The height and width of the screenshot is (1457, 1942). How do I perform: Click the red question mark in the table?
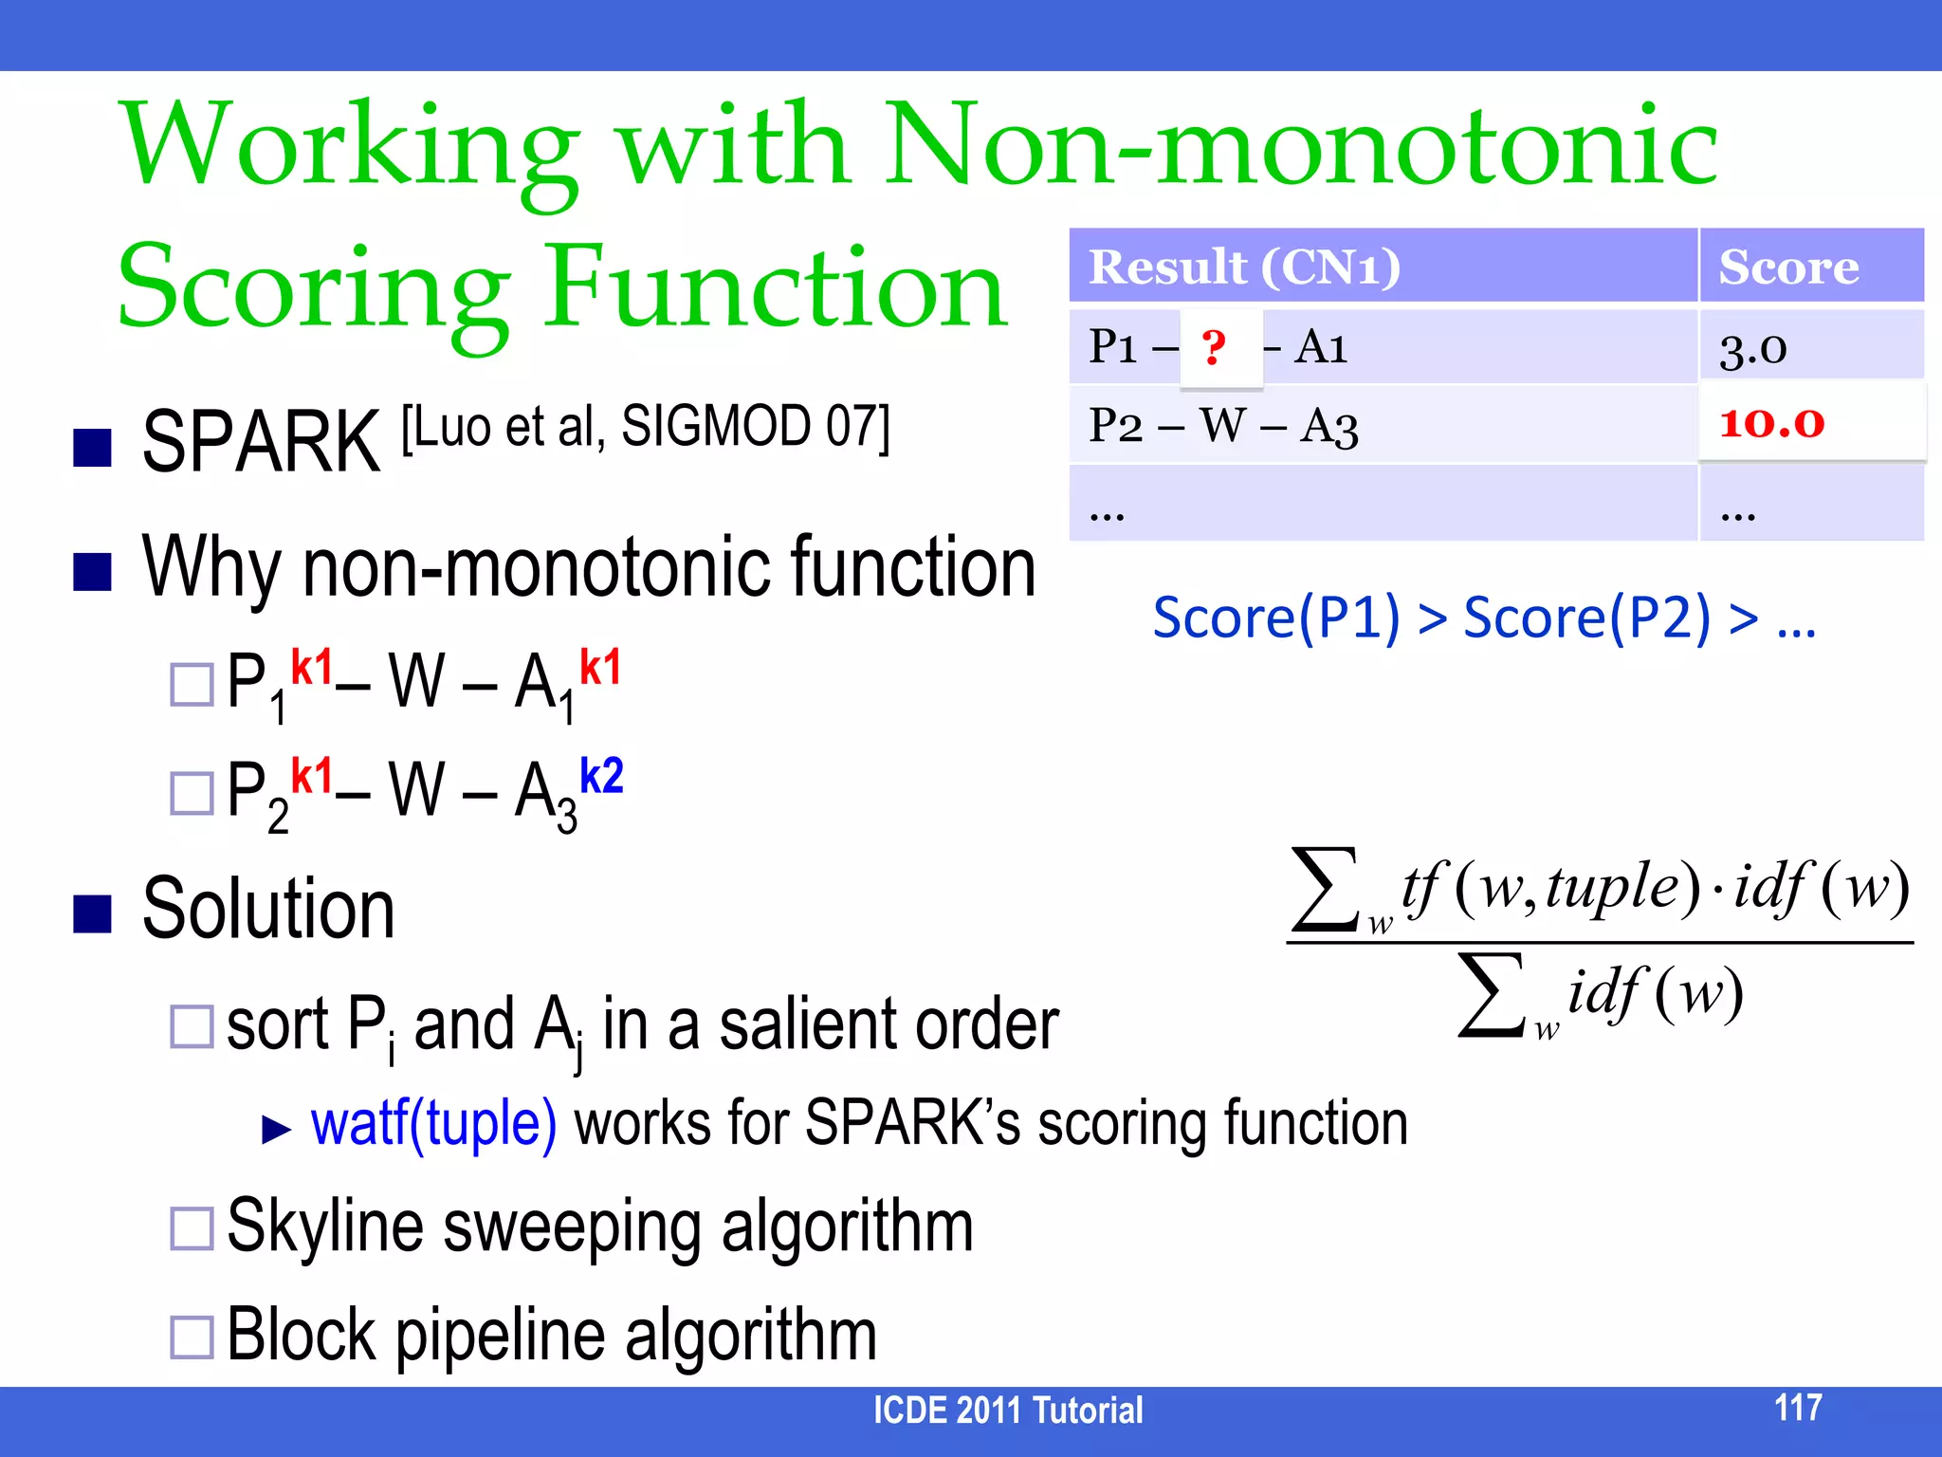(x=1214, y=347)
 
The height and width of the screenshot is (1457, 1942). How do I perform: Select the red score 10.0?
(x=1771, y=423)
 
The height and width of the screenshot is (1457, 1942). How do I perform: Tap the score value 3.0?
(x=1752, y=349)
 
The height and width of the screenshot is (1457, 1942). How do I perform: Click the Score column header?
(x=1788, y=267)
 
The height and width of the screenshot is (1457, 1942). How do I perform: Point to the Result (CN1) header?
(x=1244, y=267)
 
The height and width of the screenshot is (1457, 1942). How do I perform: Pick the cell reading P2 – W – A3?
(x=1223, y=425)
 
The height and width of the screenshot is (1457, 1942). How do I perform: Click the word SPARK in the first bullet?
(x=261, y=442)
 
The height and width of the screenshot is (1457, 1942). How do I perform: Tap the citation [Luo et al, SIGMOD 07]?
(x=645, y=427)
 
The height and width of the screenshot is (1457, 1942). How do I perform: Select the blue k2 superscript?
(x=601, y=776)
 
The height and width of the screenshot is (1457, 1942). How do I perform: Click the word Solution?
(x=268, y=909)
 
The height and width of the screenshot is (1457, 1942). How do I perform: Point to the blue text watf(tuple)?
(x=433, y=1125)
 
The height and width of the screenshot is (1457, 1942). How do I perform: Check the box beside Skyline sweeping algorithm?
(x=192, y=1228)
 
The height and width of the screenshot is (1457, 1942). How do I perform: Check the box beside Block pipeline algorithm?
(x=192, y=1337)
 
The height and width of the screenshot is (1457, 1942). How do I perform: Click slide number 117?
(x=1797, y=1408)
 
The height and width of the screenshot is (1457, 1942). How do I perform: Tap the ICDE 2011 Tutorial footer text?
(x=1007, y=1411)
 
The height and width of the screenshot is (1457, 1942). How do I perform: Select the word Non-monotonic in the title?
(x=1299, y=145)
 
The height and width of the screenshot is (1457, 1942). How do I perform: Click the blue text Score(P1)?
(x=1275, y=618)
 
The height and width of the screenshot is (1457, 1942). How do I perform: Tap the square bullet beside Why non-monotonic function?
(x=93, y=572)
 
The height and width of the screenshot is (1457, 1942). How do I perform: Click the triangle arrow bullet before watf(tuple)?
(x=276, y=1129)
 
